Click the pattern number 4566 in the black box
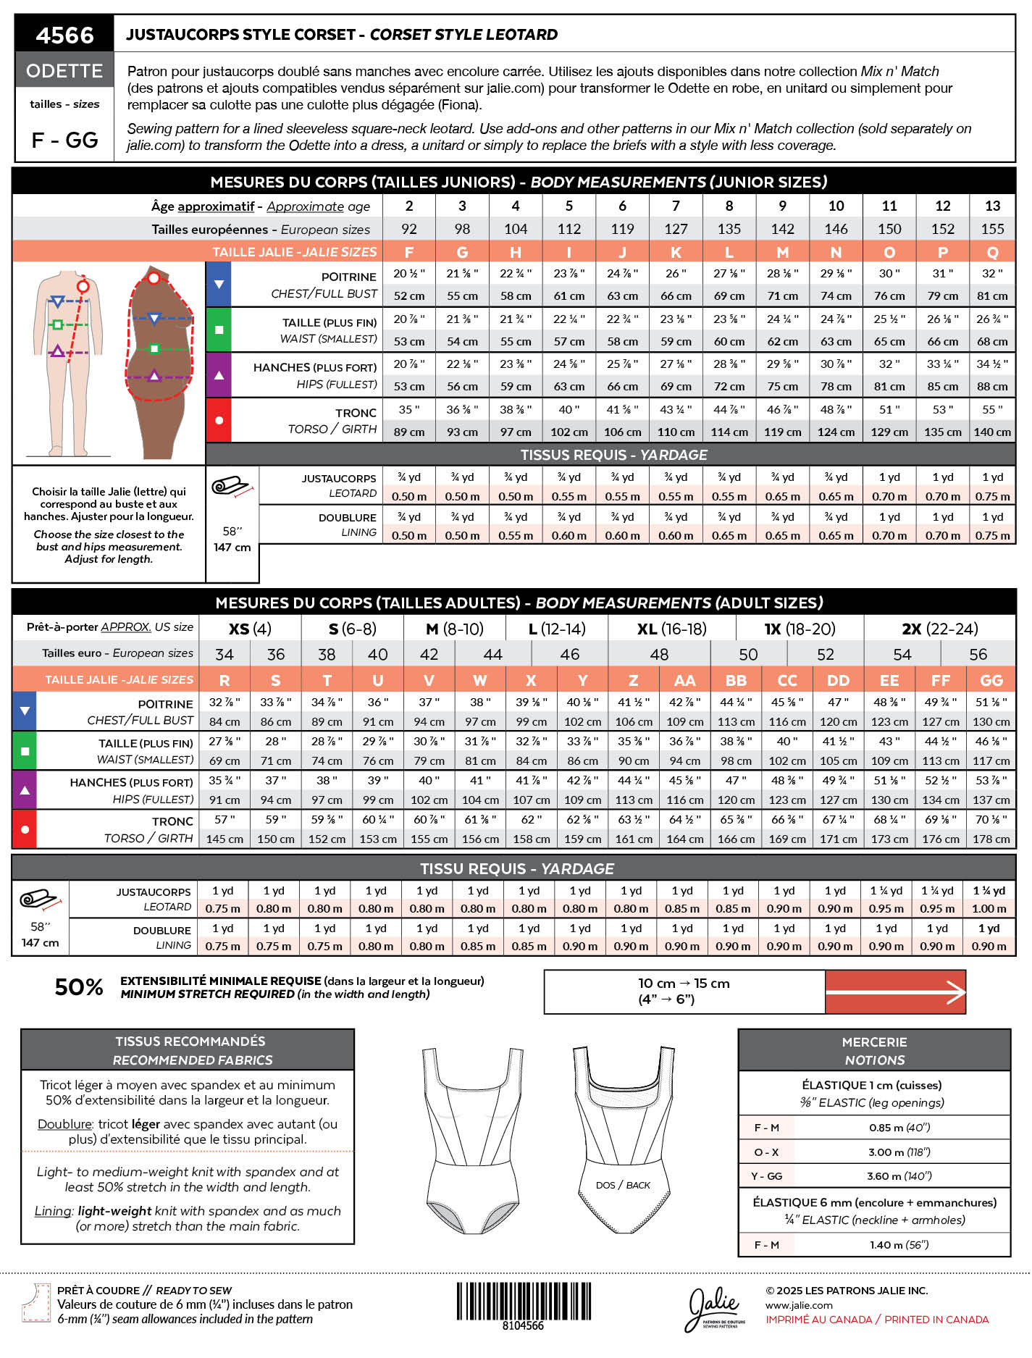64,35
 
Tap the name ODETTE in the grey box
64,71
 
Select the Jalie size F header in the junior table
409,252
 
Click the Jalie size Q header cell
992,252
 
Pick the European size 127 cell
676,229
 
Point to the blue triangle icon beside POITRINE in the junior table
219,285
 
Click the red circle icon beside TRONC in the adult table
25,829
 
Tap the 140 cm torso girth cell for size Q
992,432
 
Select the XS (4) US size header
250,629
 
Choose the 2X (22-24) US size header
939,629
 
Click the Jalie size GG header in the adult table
991,680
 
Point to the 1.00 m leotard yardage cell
989,908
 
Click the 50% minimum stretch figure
79,987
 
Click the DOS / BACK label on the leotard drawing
623,1185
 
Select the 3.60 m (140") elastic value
899,1175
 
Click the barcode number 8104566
523,1325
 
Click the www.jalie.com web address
799,1305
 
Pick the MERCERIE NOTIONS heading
874,1051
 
